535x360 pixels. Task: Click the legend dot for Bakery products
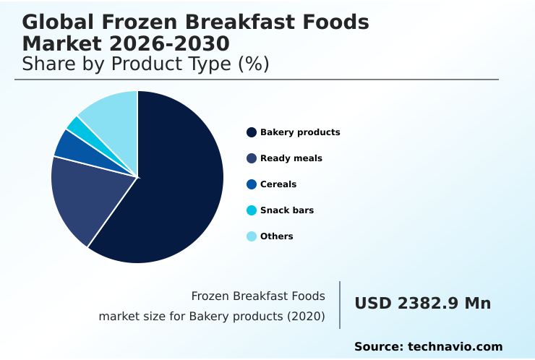tap(252, 132)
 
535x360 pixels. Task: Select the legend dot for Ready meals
tap(252, 158)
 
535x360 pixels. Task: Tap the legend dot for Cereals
tap(252, 184)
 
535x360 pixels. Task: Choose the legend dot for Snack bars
tap(252, 210)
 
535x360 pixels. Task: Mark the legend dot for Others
tap(252, 236)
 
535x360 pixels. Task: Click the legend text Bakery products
tap(300, 132)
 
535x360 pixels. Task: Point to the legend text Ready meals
tap(291, 158)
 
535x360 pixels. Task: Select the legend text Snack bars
tap(287, 210)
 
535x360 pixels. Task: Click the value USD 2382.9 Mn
tap(422, 304)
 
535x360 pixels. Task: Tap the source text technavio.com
tap(455, 347)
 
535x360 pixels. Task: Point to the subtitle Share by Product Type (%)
tap(145, 64)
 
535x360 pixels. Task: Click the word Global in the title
tap(51, 22)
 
